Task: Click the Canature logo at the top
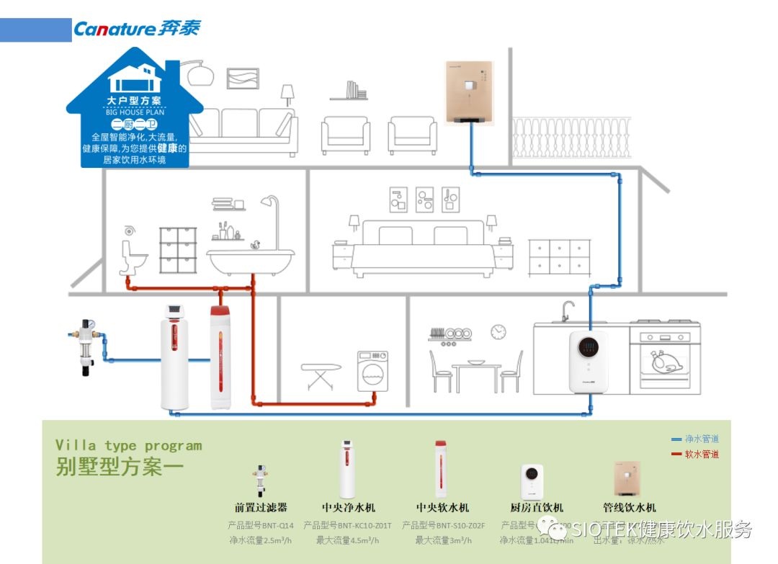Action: point(136,29)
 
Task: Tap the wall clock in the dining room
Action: point(498,331)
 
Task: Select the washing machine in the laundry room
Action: point(372,372)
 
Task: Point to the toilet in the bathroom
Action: point(133,256)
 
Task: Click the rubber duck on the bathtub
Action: point(254,245)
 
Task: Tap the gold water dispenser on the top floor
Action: point(468,91)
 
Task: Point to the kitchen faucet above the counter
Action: point(567,310)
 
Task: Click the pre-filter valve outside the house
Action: point(86,344)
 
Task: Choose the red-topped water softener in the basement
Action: point(220,357)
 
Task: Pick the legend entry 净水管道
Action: point(701,439)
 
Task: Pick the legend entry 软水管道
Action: point(701,454)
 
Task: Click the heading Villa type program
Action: point(128,446)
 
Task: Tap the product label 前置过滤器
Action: point(261,508)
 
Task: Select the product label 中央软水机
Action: point(442,508)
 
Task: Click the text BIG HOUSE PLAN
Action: point(135,112)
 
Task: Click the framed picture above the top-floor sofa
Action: point(242,78)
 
